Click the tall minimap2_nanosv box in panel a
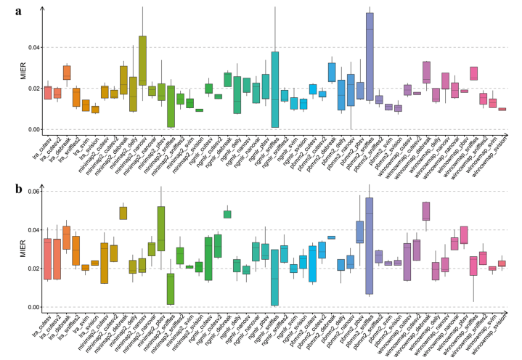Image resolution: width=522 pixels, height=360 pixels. tap(142, 61)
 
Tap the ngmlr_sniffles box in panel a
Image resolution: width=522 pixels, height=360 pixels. tap(275, 89)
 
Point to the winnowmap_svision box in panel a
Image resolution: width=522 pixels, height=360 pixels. tap(502, 109)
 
